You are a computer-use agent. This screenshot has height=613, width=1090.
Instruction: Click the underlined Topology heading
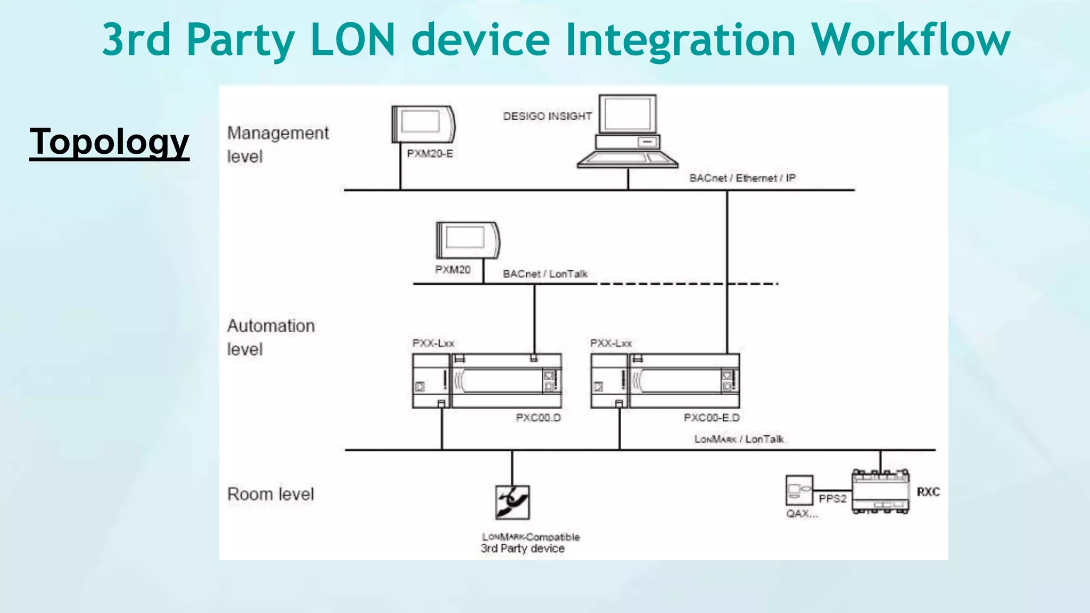109,142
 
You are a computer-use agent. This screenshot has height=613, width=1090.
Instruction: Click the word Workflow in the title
910,39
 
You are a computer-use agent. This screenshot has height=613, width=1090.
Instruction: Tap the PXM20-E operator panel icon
423,123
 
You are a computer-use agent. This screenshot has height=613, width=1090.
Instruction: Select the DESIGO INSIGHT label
547,116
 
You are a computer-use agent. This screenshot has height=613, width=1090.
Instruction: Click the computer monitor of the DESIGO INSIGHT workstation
627,114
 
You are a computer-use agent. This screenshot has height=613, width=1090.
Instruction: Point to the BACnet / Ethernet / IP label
742,178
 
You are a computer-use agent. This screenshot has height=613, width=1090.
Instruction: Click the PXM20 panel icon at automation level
468,240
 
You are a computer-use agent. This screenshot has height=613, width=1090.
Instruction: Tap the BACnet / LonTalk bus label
545,274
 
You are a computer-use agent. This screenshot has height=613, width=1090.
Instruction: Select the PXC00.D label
538,418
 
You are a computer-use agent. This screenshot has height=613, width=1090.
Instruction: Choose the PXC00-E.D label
712,418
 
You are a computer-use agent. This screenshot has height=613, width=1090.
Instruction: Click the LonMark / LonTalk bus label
739,439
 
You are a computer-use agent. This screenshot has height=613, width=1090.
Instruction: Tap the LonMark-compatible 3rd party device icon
512,502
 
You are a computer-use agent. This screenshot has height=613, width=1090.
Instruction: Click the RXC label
928,492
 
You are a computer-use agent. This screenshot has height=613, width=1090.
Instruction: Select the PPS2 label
832,499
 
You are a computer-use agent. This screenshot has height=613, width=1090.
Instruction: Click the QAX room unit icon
799,490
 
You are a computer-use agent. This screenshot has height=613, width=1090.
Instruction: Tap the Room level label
270,494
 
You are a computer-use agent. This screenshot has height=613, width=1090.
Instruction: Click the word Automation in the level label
271,326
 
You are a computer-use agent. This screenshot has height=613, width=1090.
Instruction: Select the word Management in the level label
278,133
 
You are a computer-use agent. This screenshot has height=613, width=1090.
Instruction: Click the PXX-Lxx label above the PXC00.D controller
433,343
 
